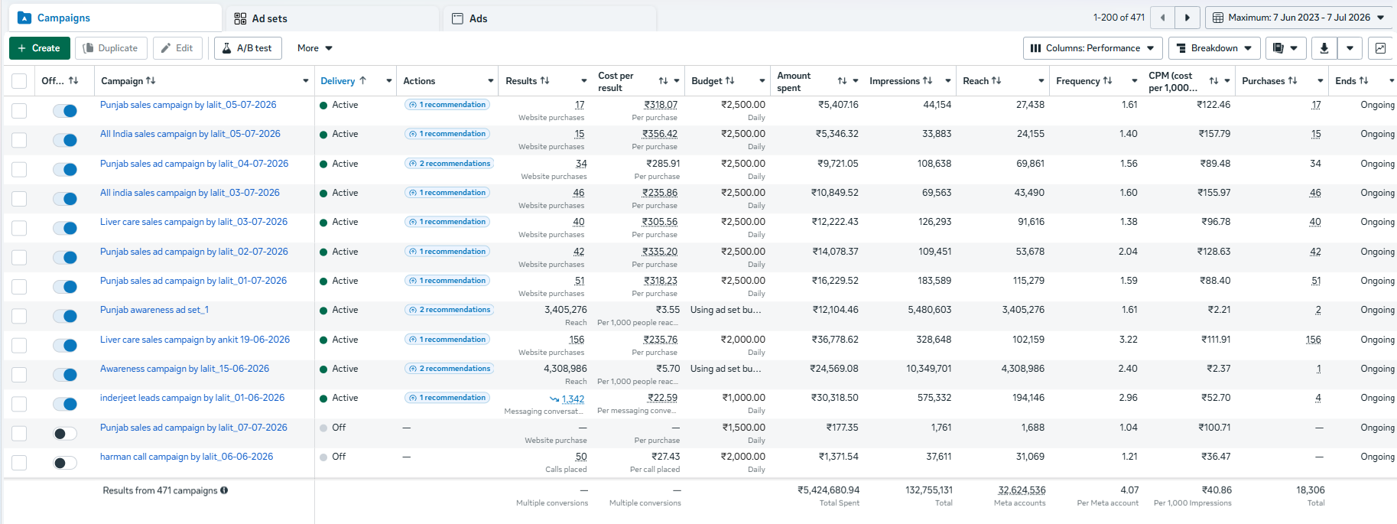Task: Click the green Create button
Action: point(40,48)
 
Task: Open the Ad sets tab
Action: point(261,18)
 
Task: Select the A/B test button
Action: point(248,48)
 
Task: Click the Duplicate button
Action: point(111,48)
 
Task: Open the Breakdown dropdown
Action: point(1214,48)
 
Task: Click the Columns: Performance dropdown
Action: point(1093,48)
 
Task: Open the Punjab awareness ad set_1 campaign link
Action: point(154,310)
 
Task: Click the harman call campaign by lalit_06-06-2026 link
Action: point(187,457)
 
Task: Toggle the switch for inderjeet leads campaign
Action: point(65,404)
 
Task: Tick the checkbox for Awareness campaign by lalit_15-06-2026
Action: point(19,375)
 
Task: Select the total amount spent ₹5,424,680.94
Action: point(828,490)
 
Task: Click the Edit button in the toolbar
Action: point(177,48)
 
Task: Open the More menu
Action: point(315,48)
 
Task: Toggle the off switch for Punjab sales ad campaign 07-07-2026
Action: point(65,434)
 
